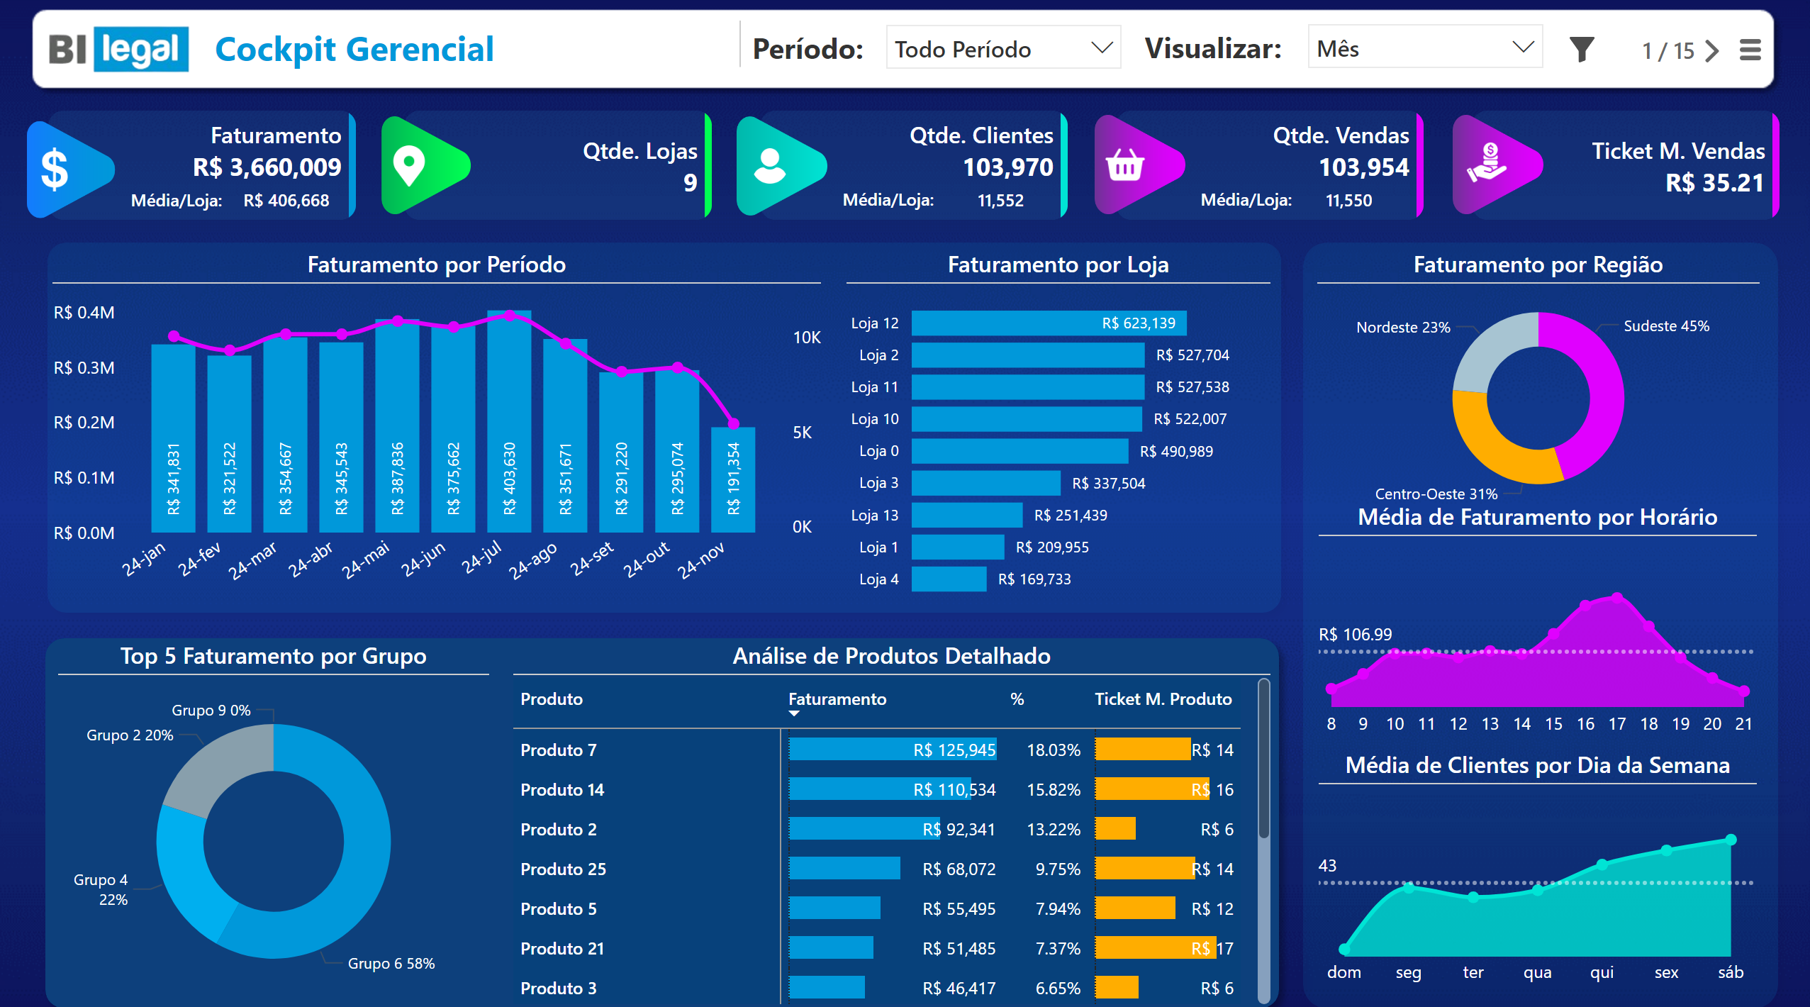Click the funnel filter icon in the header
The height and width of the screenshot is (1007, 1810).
tap(1582, 49)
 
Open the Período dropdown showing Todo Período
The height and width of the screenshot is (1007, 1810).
tap(1002, 49)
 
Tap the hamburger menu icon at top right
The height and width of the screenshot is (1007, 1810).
tap(1750, 50)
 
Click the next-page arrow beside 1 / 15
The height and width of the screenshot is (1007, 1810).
tap(1713, 50)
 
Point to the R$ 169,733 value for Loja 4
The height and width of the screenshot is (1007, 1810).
tap(1034, 579)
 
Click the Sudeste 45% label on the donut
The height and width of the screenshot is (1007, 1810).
tap(1666, 326)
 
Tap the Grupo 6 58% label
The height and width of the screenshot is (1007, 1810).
tap(391, 964)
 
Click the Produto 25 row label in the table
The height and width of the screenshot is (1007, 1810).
tap(563, 869)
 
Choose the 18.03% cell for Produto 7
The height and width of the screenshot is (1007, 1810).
tap(1054, 750)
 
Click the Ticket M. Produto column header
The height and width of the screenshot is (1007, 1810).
tap(1163, 699)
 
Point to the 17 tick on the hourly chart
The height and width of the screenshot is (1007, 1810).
tap(1616, 724)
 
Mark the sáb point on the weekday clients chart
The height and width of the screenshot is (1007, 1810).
tap(1731, 840)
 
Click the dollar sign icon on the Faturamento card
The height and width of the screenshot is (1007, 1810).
tap(55, 170)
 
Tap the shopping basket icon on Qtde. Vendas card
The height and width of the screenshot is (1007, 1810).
tap(1124, 166)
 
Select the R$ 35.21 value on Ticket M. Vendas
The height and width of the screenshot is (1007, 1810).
tap(1714, 183)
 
